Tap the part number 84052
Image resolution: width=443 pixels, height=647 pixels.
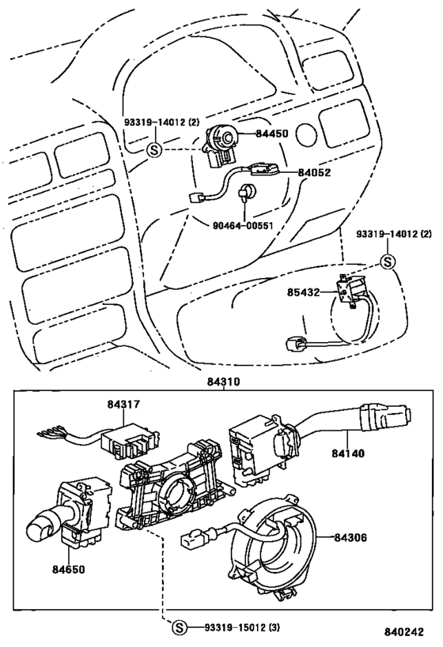(315, 172)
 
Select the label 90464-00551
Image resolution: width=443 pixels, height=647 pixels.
(243, 226)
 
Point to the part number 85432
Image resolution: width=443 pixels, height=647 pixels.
(303, 292)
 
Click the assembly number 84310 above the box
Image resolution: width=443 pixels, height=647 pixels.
(223, 382)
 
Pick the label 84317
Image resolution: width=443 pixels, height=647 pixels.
(123, 404)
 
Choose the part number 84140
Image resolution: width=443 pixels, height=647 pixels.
(348, 453)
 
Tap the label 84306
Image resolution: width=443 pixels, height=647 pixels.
(350, 537)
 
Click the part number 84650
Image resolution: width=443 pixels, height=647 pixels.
(68, 569)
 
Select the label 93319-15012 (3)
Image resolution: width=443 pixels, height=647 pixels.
(242, 627)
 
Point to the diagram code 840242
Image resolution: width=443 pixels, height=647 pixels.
(404, 632)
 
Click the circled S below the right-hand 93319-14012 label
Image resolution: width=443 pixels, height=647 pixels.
(387, 261)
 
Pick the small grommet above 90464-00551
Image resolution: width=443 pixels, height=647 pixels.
(248, 192)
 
